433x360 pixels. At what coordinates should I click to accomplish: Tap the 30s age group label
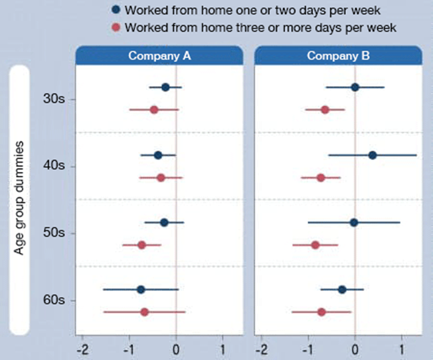click(54, 99)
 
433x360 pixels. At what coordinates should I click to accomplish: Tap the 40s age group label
click(54, 166)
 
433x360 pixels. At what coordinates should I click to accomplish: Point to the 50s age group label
click(54, 233)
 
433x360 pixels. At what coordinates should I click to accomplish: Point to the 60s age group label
click(54, 300)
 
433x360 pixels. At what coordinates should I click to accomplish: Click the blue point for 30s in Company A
click(165, 87)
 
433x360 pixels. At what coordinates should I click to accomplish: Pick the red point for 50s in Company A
click(142, 245)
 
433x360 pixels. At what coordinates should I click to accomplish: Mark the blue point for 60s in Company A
click(141, 290)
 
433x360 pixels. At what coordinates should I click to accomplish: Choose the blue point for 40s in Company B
click(373, 155)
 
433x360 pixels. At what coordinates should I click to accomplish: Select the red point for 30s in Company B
click(325, 109)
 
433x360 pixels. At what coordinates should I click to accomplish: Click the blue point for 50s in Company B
click(354, 222)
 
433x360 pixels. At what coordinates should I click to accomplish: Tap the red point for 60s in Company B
click(322, 312)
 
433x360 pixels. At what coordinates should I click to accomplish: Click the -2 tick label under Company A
click(82, 349)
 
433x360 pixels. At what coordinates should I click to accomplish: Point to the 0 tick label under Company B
click(355, 349)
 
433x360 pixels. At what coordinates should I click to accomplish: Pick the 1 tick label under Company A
click(222, 349)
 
